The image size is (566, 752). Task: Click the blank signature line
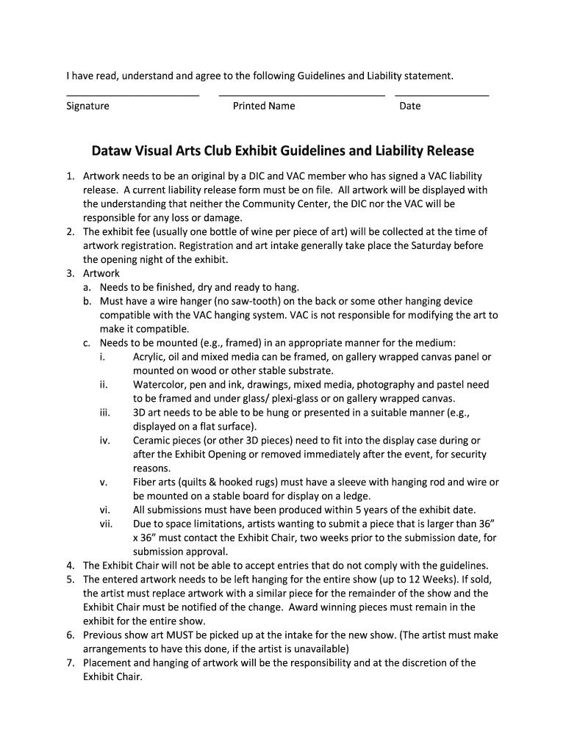click(x=132, y=95)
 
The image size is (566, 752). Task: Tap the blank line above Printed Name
click(x=301, y=95)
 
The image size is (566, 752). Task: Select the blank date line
click(x=441, y=95)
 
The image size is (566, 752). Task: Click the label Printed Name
click(x=264, y=106)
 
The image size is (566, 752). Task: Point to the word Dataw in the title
click(x=111, y=151)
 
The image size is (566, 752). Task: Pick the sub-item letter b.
click(x=87, y=302)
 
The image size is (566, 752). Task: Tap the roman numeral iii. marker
click(x=104, y=413)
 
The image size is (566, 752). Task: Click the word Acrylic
click(x=149, y=357)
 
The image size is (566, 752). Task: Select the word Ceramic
click(x=152, y=441)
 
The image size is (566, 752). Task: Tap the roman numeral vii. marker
click(x=106, y=524)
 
